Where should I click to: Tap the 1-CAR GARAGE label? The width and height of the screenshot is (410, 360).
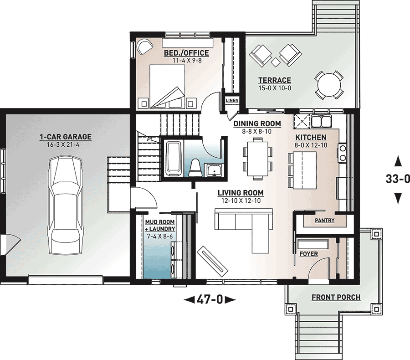click(66, 137)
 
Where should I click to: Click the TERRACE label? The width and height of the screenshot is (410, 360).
click(275, 81)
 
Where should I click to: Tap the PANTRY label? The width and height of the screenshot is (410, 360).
click(325, 221)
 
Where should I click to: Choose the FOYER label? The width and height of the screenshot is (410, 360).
click(309, 254)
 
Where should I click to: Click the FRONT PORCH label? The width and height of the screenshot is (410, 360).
click(336, 298)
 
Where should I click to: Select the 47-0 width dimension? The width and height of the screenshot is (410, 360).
click(210, 299)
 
